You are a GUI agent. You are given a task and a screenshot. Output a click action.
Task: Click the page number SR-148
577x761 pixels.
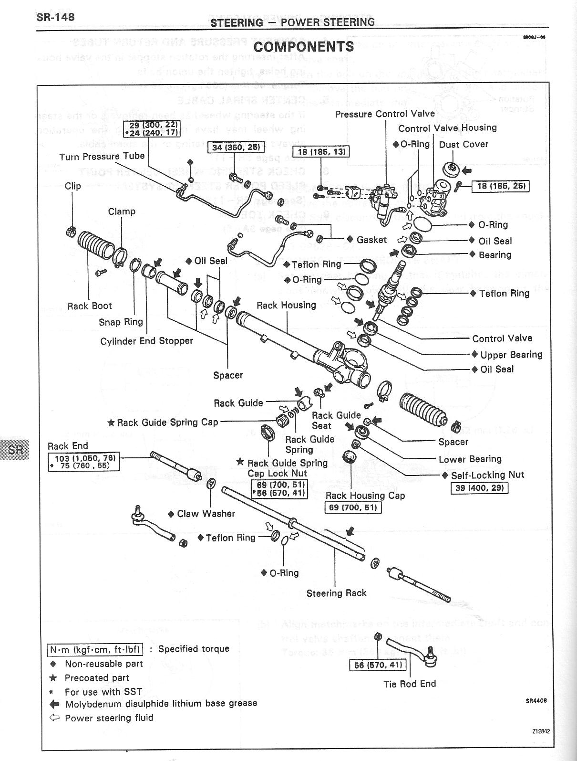55,17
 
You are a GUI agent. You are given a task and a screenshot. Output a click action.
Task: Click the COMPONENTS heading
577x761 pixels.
304,46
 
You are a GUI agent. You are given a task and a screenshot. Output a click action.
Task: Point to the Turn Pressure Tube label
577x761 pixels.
102,157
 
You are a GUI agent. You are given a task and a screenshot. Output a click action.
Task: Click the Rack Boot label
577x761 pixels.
90,306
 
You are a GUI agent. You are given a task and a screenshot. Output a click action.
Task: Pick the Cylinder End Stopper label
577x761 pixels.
147,341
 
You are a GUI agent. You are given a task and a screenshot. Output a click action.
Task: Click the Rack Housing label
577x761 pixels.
286,305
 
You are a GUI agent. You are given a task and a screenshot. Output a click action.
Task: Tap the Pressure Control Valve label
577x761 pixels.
385,114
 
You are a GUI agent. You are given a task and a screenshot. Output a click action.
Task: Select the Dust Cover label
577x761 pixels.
464,144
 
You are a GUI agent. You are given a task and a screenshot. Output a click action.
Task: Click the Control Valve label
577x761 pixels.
502,338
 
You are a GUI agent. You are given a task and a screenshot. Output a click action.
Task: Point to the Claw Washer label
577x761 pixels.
206,514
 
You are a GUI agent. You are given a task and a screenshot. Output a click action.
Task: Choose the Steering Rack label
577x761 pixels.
336,593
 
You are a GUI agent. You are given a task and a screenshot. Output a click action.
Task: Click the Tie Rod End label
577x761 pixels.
410,684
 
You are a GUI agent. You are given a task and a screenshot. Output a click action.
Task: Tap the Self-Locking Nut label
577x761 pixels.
487,475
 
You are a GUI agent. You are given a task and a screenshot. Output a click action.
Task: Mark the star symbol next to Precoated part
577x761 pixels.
53,678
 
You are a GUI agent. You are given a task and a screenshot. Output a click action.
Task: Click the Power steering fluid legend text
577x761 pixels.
109,718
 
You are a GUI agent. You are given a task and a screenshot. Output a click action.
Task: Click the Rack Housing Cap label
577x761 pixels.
365,496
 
